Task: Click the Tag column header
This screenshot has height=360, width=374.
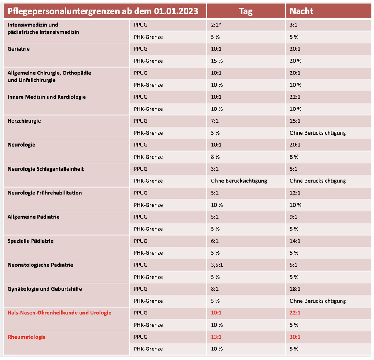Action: (x=246, y=11)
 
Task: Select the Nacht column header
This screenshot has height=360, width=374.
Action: (x=301, y=11)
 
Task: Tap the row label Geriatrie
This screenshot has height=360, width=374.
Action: (x=19, y=48)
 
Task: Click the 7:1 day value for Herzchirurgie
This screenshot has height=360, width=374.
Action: (x=215, y=121)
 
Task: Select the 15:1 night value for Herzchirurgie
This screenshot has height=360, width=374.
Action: (x=295, y=121)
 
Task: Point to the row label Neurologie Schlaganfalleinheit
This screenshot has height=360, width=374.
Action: (x=46, y=169)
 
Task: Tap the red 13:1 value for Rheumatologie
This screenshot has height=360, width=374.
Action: (x=216, y=337)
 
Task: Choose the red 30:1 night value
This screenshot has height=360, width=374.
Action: (x=295, y=337)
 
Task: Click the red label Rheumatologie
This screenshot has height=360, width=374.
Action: (x=27, y=337)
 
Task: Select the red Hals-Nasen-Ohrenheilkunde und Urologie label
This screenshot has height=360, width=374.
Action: (x=59, y=313)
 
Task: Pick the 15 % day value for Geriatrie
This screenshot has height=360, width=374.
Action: (x=217, y=61)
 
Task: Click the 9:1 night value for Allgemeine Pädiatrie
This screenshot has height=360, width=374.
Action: (x=293, y=217)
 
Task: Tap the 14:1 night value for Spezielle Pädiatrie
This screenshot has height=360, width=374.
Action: (x=295, y=241)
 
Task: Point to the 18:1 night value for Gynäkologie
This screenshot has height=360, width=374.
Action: (x=295, y=289)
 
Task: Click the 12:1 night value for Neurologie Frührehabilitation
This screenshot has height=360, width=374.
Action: (x=295, y=193)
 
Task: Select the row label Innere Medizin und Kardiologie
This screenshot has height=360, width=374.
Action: (x=47, y=97)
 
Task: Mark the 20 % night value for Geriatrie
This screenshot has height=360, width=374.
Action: (x=296, y=61)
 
